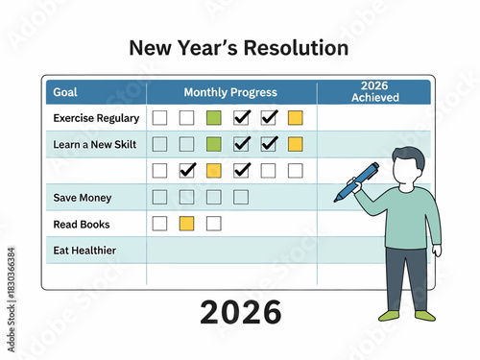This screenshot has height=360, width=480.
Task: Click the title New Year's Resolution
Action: (x=238, y=48)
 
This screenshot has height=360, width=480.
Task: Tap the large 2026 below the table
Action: (x=240, y=313)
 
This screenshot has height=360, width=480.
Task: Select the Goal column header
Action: (x=66, y=92)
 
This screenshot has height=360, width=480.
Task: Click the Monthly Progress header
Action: (x=230, y=92)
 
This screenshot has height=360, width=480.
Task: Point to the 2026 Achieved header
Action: (x=374, y=92)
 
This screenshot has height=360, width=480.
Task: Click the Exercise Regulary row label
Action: (x=96, y=118)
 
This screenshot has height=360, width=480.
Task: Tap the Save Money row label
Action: (x=83, y=198)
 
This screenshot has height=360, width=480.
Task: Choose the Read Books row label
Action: (x=82, y=224)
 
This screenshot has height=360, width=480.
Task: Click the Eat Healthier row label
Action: (x=84, y=250)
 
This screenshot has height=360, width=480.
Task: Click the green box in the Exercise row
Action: (x=214, y=118)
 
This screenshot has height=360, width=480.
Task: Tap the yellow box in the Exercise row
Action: (x=295, y=118)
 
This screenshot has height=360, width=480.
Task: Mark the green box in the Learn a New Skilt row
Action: (x=214, y=144)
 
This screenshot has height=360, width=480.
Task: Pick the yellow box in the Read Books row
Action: (x=187, y=224)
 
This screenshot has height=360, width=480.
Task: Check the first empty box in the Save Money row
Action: (x=160, y=197)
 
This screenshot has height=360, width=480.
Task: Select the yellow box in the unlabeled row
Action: (x=214, y=170)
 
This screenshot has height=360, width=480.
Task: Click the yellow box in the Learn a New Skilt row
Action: (x=295, y=144)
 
